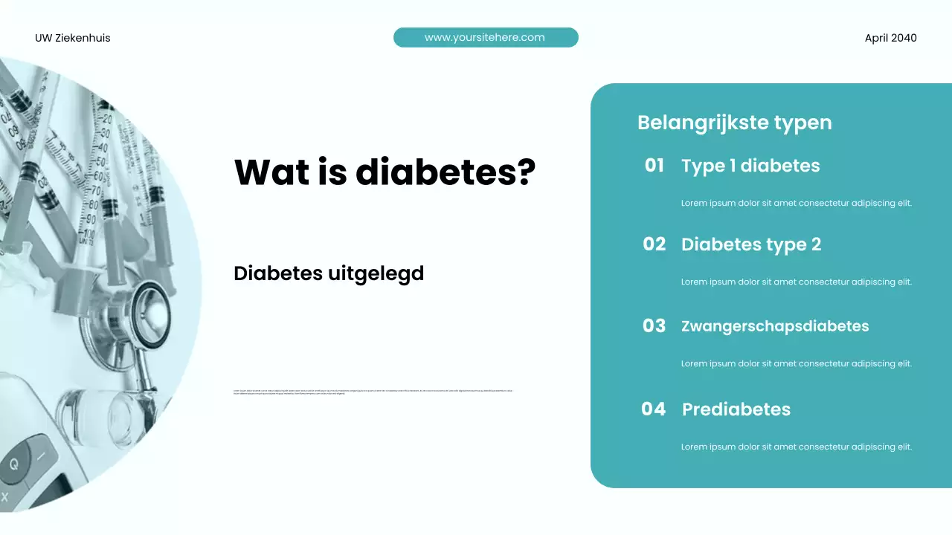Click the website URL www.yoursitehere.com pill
click(485, 37)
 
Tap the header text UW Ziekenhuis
click(72, 38)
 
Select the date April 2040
click(890, 38)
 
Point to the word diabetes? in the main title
click(446, 172)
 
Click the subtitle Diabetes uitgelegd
click(328, 273)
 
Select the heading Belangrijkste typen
click(734, 123)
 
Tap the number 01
click(654, 166)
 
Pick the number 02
click(654, 244)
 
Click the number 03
click(654, 326)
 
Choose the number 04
click(653, 409)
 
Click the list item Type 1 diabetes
click(750, 166)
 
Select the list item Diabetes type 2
click(751, 244)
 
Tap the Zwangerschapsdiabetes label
click(775, 326)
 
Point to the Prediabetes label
click(736, 409)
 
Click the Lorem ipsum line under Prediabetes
click(796, 447)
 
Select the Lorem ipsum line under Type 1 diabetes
click(796, 203)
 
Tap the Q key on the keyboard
click(14, 465)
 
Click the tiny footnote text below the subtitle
click(373, 392)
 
